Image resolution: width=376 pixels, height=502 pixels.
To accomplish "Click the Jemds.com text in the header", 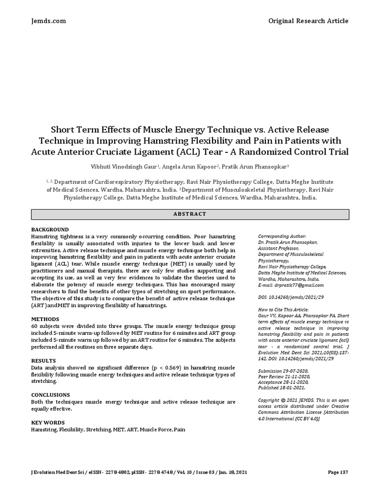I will pyautogui.click(x=48, y=21).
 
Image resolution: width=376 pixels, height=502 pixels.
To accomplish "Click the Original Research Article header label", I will pyautogui.click(x=308, y=21).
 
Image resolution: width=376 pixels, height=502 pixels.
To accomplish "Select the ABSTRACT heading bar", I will pyautogui.click(x=190, y=214).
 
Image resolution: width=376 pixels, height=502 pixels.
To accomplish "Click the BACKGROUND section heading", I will pyautogui.click(x=50, y=229).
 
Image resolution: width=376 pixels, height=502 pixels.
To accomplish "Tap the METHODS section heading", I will pyautogui.click(x=45, y=319).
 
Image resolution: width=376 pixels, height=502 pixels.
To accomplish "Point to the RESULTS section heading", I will pyautogui.click(x=44, y=360).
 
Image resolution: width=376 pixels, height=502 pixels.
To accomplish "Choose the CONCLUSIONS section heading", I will pyautogui.click(x=50, y=395).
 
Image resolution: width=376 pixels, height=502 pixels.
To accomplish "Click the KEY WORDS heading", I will pyautogui.click(x=48, y=422).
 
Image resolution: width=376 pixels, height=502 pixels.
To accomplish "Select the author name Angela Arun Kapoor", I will pyautogui.click(x=194, y=166).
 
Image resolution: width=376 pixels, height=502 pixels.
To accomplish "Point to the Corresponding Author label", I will pyautogui.click(x=282, y=236).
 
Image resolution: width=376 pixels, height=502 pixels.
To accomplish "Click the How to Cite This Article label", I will pyautogui.click(x=283, y=309).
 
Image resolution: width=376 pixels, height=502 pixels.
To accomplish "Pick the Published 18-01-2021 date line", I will pyautogui.click(x=282, y=387).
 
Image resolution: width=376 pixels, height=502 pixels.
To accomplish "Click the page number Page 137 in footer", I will pyautogui.click(x=338, y=472).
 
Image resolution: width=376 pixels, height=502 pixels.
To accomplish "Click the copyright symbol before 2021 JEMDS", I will pyautogui.click(x=283, y=400).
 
